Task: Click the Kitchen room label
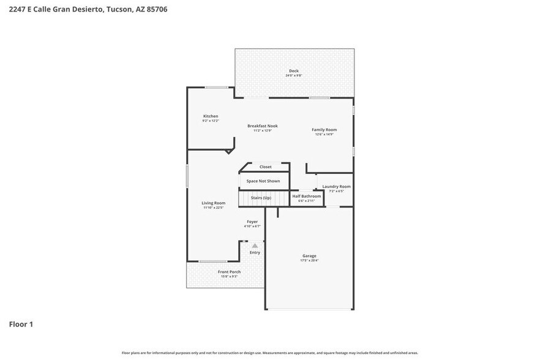211,116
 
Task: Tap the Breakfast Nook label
263,126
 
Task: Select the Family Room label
324,130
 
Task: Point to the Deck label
294,71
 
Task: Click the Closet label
265,167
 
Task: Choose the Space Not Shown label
263,181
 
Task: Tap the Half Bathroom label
306,197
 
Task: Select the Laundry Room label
336,187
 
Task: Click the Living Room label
214,203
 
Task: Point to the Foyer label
252,222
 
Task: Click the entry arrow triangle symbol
255,246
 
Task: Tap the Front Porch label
229,272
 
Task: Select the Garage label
309,256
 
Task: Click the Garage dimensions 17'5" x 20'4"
309,261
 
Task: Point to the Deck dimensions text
294,75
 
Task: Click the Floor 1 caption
21,324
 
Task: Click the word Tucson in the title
119,9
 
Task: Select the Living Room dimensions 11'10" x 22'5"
214,208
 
